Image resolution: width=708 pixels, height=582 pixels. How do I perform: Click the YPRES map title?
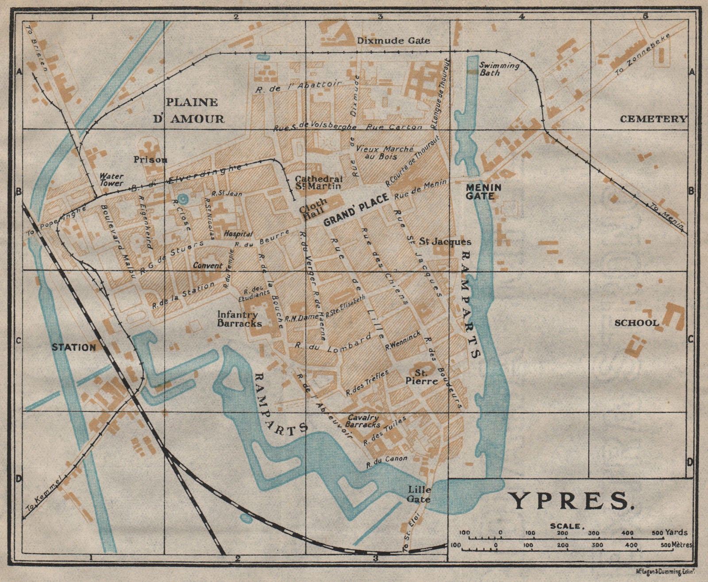click(570, 501)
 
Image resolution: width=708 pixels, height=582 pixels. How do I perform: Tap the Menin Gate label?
click(483, 191)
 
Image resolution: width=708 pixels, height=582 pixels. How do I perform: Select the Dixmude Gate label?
click(393, 41)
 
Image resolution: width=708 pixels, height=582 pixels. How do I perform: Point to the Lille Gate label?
click(420, 494)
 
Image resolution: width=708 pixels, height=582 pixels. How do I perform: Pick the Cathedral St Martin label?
click(319, 182)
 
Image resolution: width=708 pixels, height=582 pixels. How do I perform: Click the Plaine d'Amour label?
click(195, 110)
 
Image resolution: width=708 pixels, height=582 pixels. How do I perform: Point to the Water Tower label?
click(112, 179)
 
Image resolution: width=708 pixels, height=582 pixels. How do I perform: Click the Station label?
click(74, 347)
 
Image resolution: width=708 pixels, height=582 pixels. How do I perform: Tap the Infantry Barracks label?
click(239, 319)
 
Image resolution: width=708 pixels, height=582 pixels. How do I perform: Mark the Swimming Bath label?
click(499, 69)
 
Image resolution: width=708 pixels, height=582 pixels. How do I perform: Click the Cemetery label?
click(654, 119)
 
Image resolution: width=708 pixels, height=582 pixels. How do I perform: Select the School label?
click(636, 323)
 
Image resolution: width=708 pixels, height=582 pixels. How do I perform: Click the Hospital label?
click(238, 234)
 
